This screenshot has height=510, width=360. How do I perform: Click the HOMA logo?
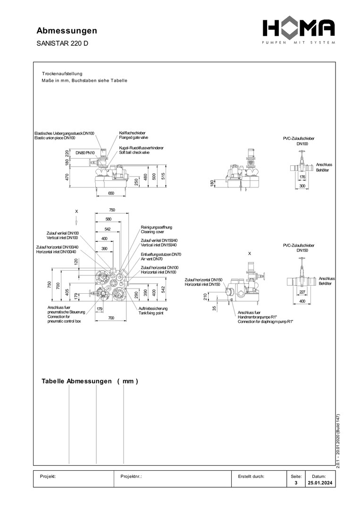(x=299, y=30)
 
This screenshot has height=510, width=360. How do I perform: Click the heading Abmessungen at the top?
(x=67, y=31)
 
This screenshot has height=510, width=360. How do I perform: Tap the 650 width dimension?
(x=111, y=194)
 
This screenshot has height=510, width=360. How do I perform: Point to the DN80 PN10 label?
(x=85, y=153)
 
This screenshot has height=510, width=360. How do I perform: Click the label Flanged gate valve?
(x=133, y=137)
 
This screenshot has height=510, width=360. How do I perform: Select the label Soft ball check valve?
(x=134, y=153)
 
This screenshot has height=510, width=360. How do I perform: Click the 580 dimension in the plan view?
(x=109, y=219)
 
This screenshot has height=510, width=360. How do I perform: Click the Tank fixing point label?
(x=153, y=313)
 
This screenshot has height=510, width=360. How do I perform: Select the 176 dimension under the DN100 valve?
(x=302, y=178)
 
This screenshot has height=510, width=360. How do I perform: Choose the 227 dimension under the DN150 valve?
(x=302, y=292)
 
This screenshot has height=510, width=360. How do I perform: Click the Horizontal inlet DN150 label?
(x=202, y=284)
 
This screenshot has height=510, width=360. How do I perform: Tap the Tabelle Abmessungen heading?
(x=90, y=382)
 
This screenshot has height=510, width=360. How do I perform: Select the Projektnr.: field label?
(x=132, y=476)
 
